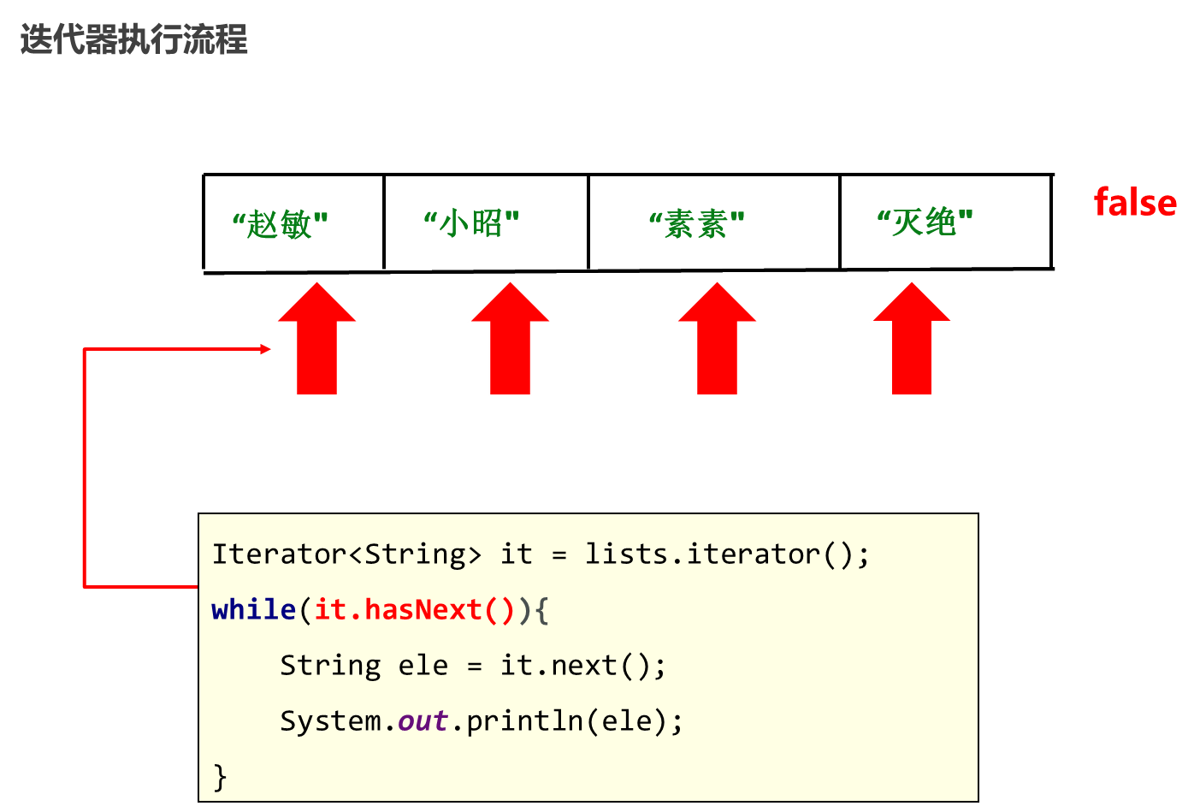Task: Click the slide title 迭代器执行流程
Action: (x=134, y=39)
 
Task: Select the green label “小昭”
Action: (x=471, y=223)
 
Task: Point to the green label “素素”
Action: (x=696, y=224)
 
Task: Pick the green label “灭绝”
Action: (x=925, y=222)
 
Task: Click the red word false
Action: (x=1135, y=203)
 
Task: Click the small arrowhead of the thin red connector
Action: (x=265, y=349)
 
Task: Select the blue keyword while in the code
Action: (x=253, y=610)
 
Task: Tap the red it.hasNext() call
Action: (x=414, y=610)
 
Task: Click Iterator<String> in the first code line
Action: (x=346, y=554)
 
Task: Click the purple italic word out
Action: (x=423, y=721)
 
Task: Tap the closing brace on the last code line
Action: (x=220, y=777)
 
